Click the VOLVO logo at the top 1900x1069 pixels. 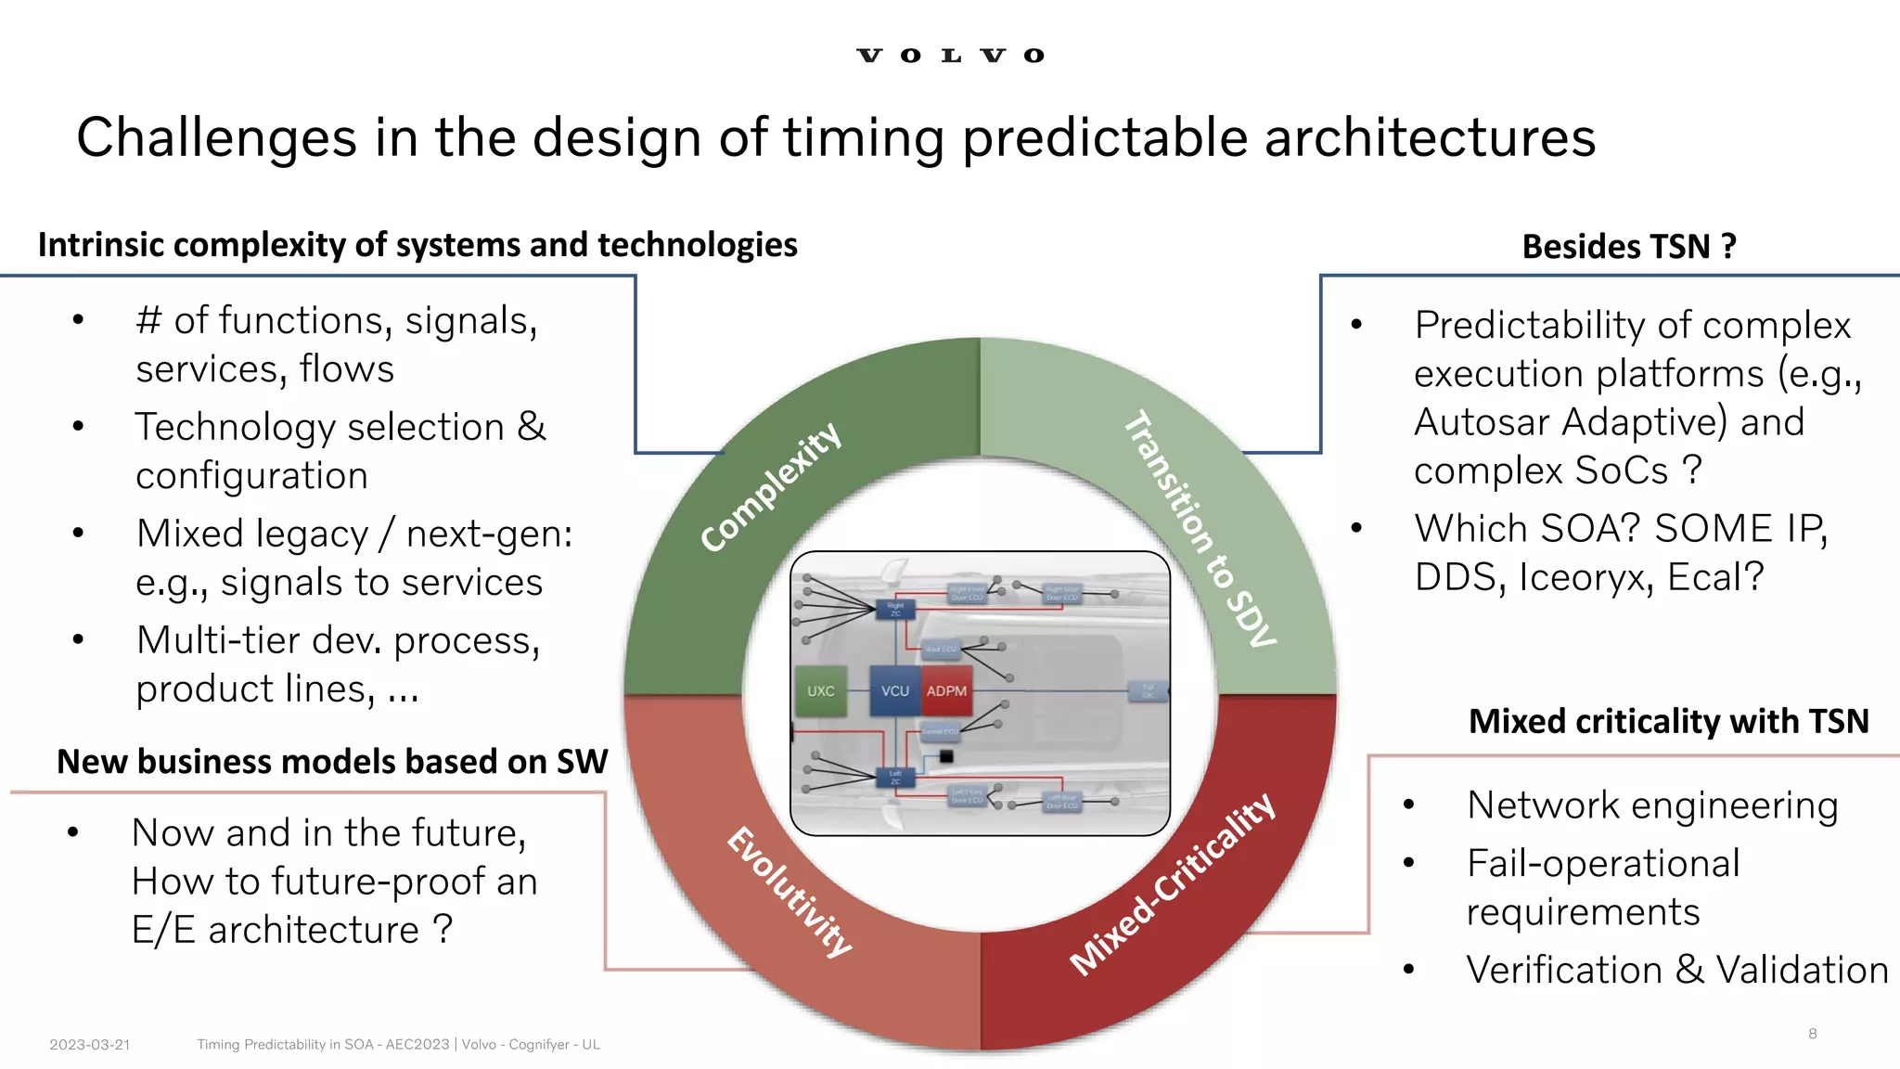950,56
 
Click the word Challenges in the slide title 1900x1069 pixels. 216,137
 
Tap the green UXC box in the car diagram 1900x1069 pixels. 820,691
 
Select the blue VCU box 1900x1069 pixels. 894,691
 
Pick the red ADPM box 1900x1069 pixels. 946,691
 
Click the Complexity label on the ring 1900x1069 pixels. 771,486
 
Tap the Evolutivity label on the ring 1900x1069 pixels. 790,891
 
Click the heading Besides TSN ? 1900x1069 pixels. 1629,247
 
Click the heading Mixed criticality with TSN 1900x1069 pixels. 1668,721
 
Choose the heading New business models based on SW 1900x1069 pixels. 332,762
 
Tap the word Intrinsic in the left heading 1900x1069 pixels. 101,245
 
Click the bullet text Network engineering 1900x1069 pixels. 1652,805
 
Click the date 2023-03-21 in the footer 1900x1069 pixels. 90,1045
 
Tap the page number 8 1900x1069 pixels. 1812,1034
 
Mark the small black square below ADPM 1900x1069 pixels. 946,756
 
